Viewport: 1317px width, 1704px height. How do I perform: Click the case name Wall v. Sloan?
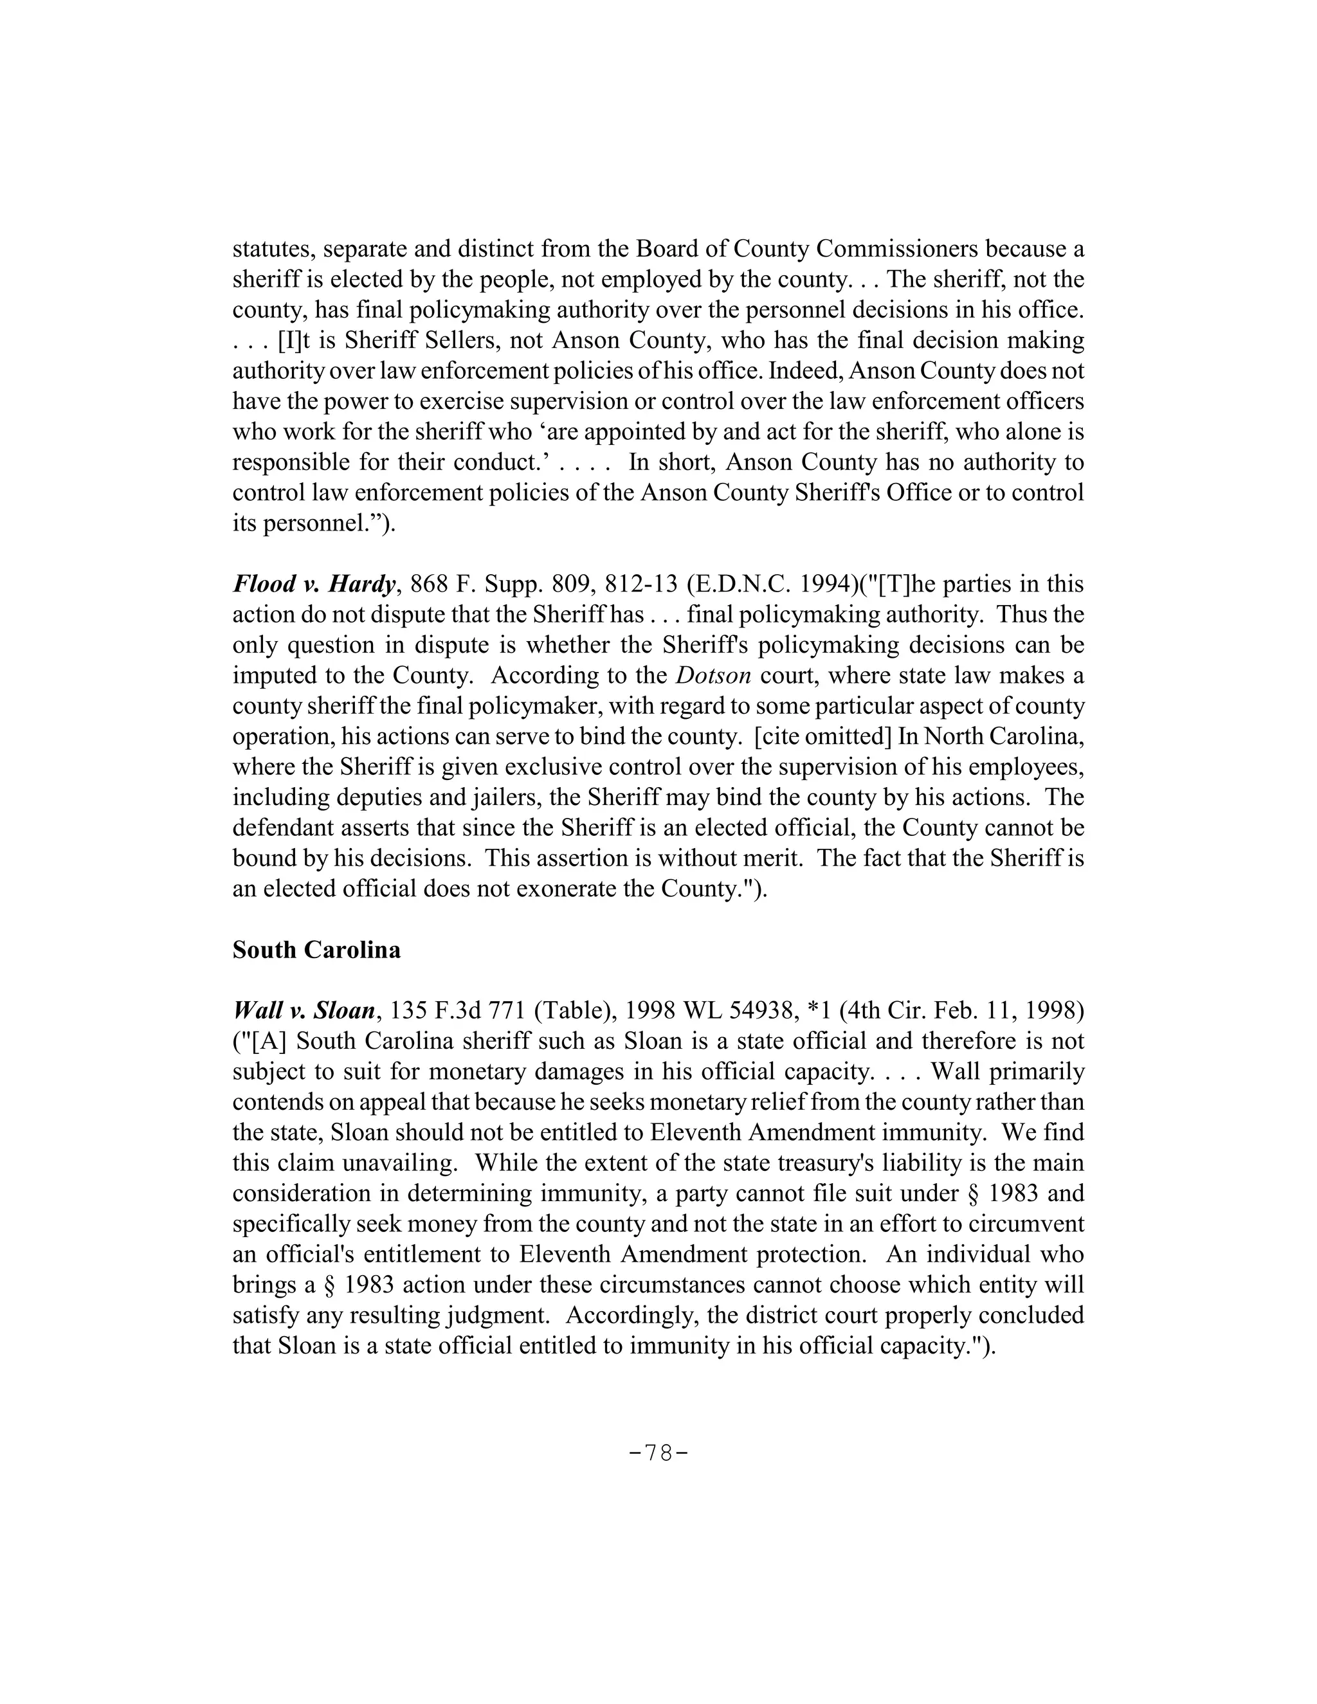(305, 1011)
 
